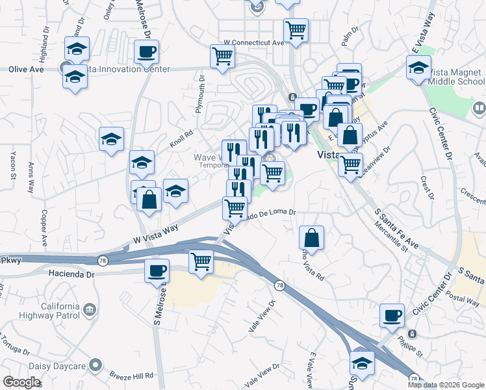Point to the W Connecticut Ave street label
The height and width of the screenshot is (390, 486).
tap(254, 42)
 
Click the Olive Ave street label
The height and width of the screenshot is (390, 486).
tap(25, 69)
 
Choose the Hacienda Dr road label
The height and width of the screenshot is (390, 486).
tap(71, 274)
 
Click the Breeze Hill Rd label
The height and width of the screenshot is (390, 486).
tap(131, 376)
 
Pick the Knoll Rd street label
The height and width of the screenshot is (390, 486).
tap(184, 138)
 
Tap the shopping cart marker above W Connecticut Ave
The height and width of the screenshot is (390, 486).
tap(296, 29)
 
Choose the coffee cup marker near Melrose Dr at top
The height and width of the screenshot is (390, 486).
tap(146, 51)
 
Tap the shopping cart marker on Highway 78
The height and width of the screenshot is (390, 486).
tap(201, 262)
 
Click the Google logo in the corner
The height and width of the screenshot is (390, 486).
tap(21, 382)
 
